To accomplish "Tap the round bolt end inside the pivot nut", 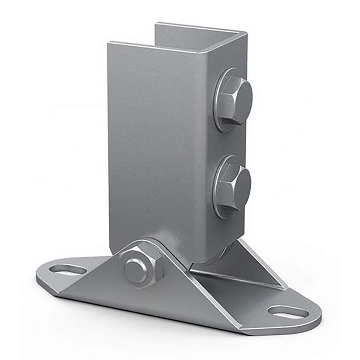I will tap(135, 271).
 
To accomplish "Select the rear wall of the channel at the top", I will tap(198, 34).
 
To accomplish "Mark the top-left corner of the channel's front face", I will tap(109, 43).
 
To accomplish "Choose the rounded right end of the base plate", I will tap(317, 315).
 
